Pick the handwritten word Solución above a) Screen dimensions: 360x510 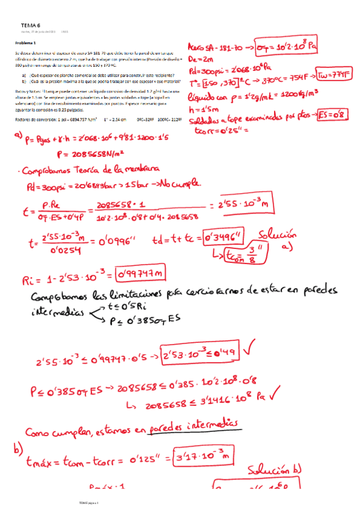[x=278, y=235]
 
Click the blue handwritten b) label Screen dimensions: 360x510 [x=17, y=449]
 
